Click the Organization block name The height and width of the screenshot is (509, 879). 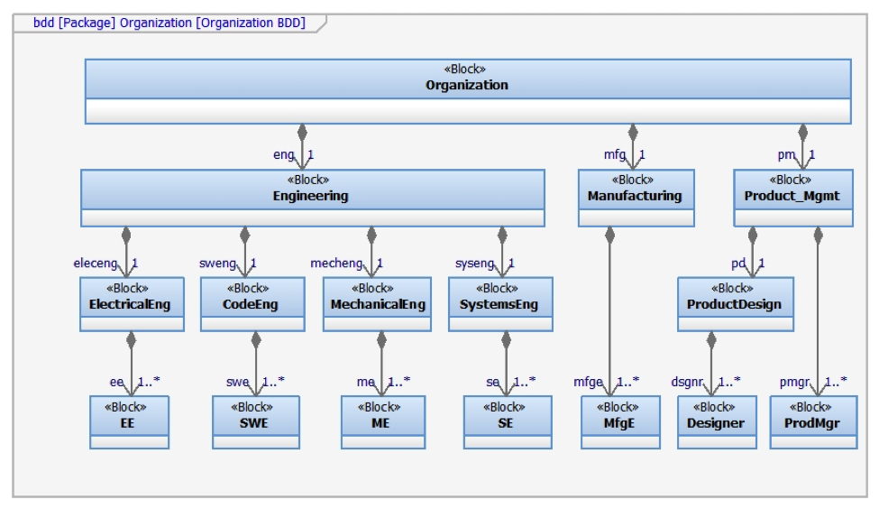coord(466,86)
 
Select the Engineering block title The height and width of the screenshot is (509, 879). coord(310,196)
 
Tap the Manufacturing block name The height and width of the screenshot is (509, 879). coord(635,196)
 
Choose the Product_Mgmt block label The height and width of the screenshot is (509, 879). coord(792,196)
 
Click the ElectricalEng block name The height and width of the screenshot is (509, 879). coord(130,304)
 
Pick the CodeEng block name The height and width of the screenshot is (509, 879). coord(250,304)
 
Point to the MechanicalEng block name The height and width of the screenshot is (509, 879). coord(378,304)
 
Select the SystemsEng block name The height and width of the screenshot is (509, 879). coord(499,304)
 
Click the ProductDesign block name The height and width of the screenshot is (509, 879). coord(734,304)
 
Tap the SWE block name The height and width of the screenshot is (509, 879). coord(254,423)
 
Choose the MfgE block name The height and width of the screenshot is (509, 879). coord(618,423)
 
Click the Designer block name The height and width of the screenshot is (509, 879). coord(715,423)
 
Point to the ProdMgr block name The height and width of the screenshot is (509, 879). coord(811,423)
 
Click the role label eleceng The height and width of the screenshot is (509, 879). coord(96,264)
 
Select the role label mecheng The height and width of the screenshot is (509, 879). coord(336,264)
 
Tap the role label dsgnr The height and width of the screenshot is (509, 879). coord(687,382)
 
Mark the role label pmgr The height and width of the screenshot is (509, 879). coord(794,382)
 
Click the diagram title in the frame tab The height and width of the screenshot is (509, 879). coord(169,23)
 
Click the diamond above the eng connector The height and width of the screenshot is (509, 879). coord(302,133)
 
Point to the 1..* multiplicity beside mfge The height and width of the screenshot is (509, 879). coord(627,382)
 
